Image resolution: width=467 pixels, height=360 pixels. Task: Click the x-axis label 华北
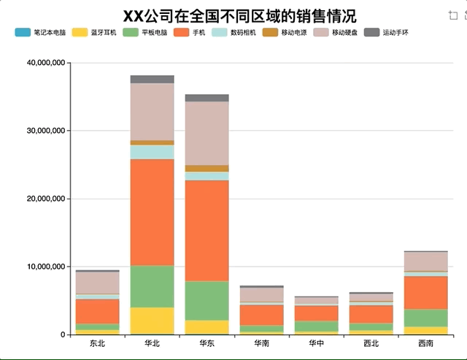click(x=153, y=343)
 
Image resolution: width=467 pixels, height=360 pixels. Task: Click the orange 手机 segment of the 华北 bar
click(x=153, y=212)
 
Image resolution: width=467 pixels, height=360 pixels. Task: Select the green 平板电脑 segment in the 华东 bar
click(x=207, y=300)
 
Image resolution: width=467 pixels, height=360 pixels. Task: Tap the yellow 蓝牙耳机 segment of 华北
click(x=153, y=321)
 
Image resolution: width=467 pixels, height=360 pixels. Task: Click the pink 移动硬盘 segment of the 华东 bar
click(x=207, y=133)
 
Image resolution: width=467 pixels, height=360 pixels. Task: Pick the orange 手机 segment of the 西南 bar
click(x=426, y=292)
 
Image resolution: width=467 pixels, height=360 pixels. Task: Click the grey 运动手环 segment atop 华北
click(x=153, y=79)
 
